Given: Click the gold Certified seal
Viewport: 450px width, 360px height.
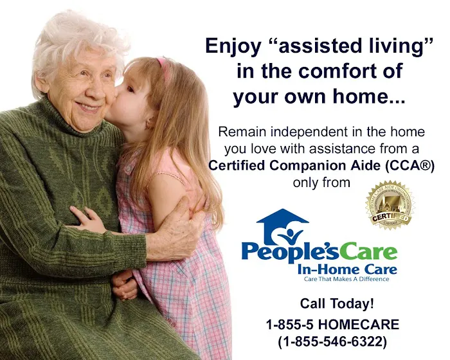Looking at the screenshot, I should [x=390, y=205].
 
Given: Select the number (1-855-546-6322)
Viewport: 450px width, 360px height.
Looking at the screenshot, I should [x=332, y=342].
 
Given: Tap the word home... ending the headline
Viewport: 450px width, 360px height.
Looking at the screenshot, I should [x=375, y=98].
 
